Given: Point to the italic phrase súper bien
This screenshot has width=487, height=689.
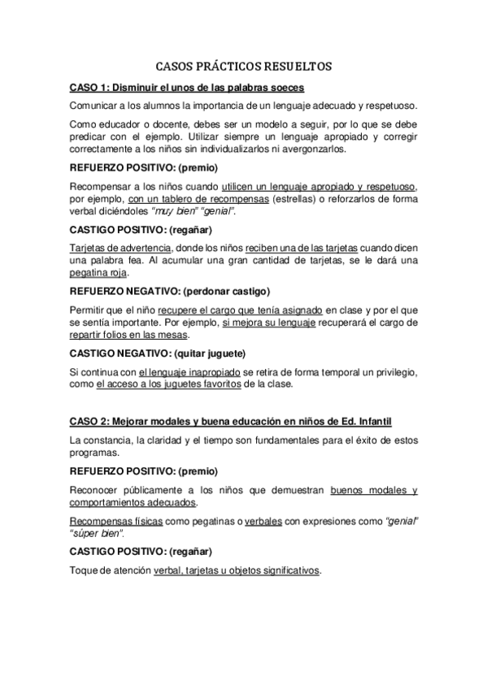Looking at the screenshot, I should pos(98,533).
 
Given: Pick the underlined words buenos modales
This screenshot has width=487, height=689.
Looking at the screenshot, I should pos(365,491).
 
